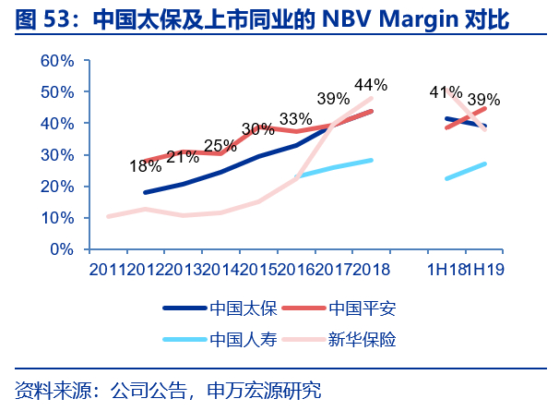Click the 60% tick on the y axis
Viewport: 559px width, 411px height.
(57, 61)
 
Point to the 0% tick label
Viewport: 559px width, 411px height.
(62, 249)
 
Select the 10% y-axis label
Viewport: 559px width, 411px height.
(57, 218)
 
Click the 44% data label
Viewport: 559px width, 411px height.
(371, 84)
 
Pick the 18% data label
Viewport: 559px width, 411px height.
(146, 167)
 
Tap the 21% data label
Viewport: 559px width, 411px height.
(184, 156)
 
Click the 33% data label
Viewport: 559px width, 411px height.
(295, 119)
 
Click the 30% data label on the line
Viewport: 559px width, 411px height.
(258, 129)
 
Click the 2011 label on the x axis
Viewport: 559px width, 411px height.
(107, 269)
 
